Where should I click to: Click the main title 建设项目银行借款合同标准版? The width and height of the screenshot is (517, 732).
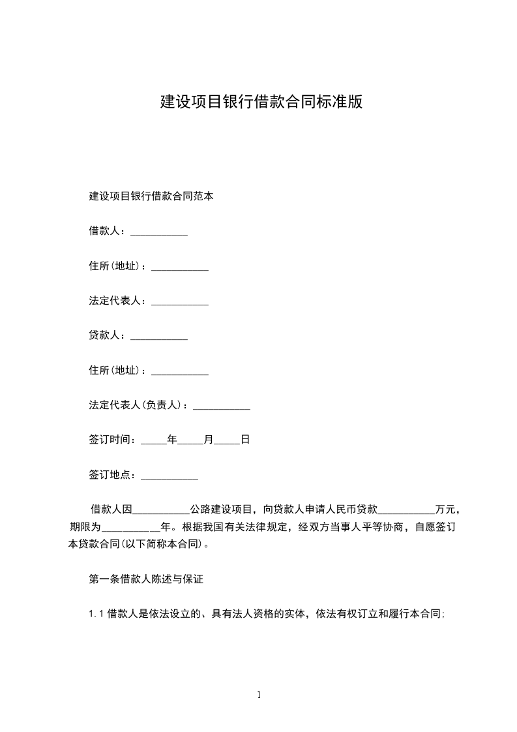261,102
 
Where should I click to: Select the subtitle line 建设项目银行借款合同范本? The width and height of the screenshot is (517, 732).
151,196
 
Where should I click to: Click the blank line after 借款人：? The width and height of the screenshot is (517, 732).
159,232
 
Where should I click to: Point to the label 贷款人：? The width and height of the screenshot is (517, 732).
110,335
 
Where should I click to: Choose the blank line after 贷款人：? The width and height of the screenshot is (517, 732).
159,337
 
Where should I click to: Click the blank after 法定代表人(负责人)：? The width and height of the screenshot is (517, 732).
222,407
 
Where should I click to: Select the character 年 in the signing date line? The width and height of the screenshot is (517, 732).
172,440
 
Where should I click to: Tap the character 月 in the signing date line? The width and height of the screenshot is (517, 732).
209,440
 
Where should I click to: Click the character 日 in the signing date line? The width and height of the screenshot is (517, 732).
245,440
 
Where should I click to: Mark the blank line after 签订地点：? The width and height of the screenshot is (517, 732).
170,477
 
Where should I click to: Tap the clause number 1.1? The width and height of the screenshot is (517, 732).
96,614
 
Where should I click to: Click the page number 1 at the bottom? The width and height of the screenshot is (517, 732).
259,695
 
